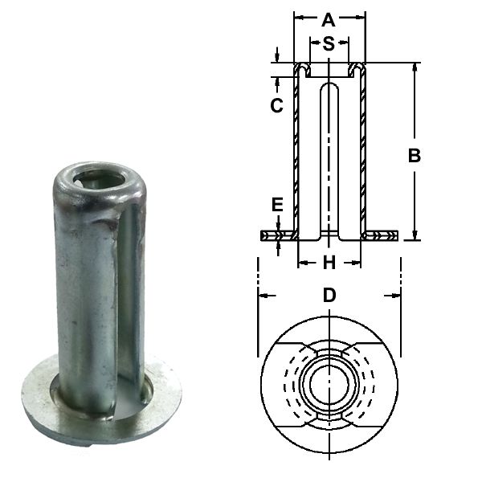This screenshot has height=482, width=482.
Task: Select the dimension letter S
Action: tap(329, 44)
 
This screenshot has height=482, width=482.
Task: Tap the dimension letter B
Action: tap(415, 156)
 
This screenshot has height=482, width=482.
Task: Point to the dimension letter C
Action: tap(276, 105)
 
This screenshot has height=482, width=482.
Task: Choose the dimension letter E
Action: tap(277, 205)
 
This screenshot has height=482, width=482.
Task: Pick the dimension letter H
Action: tap(329, 262)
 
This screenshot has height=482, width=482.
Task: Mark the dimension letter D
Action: tap(329, 295)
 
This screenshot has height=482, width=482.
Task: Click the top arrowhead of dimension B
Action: tap(415, 67)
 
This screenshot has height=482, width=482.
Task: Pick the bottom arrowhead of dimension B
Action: tap(415, 235)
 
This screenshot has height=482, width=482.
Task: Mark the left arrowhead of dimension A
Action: tap(298, 15)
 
